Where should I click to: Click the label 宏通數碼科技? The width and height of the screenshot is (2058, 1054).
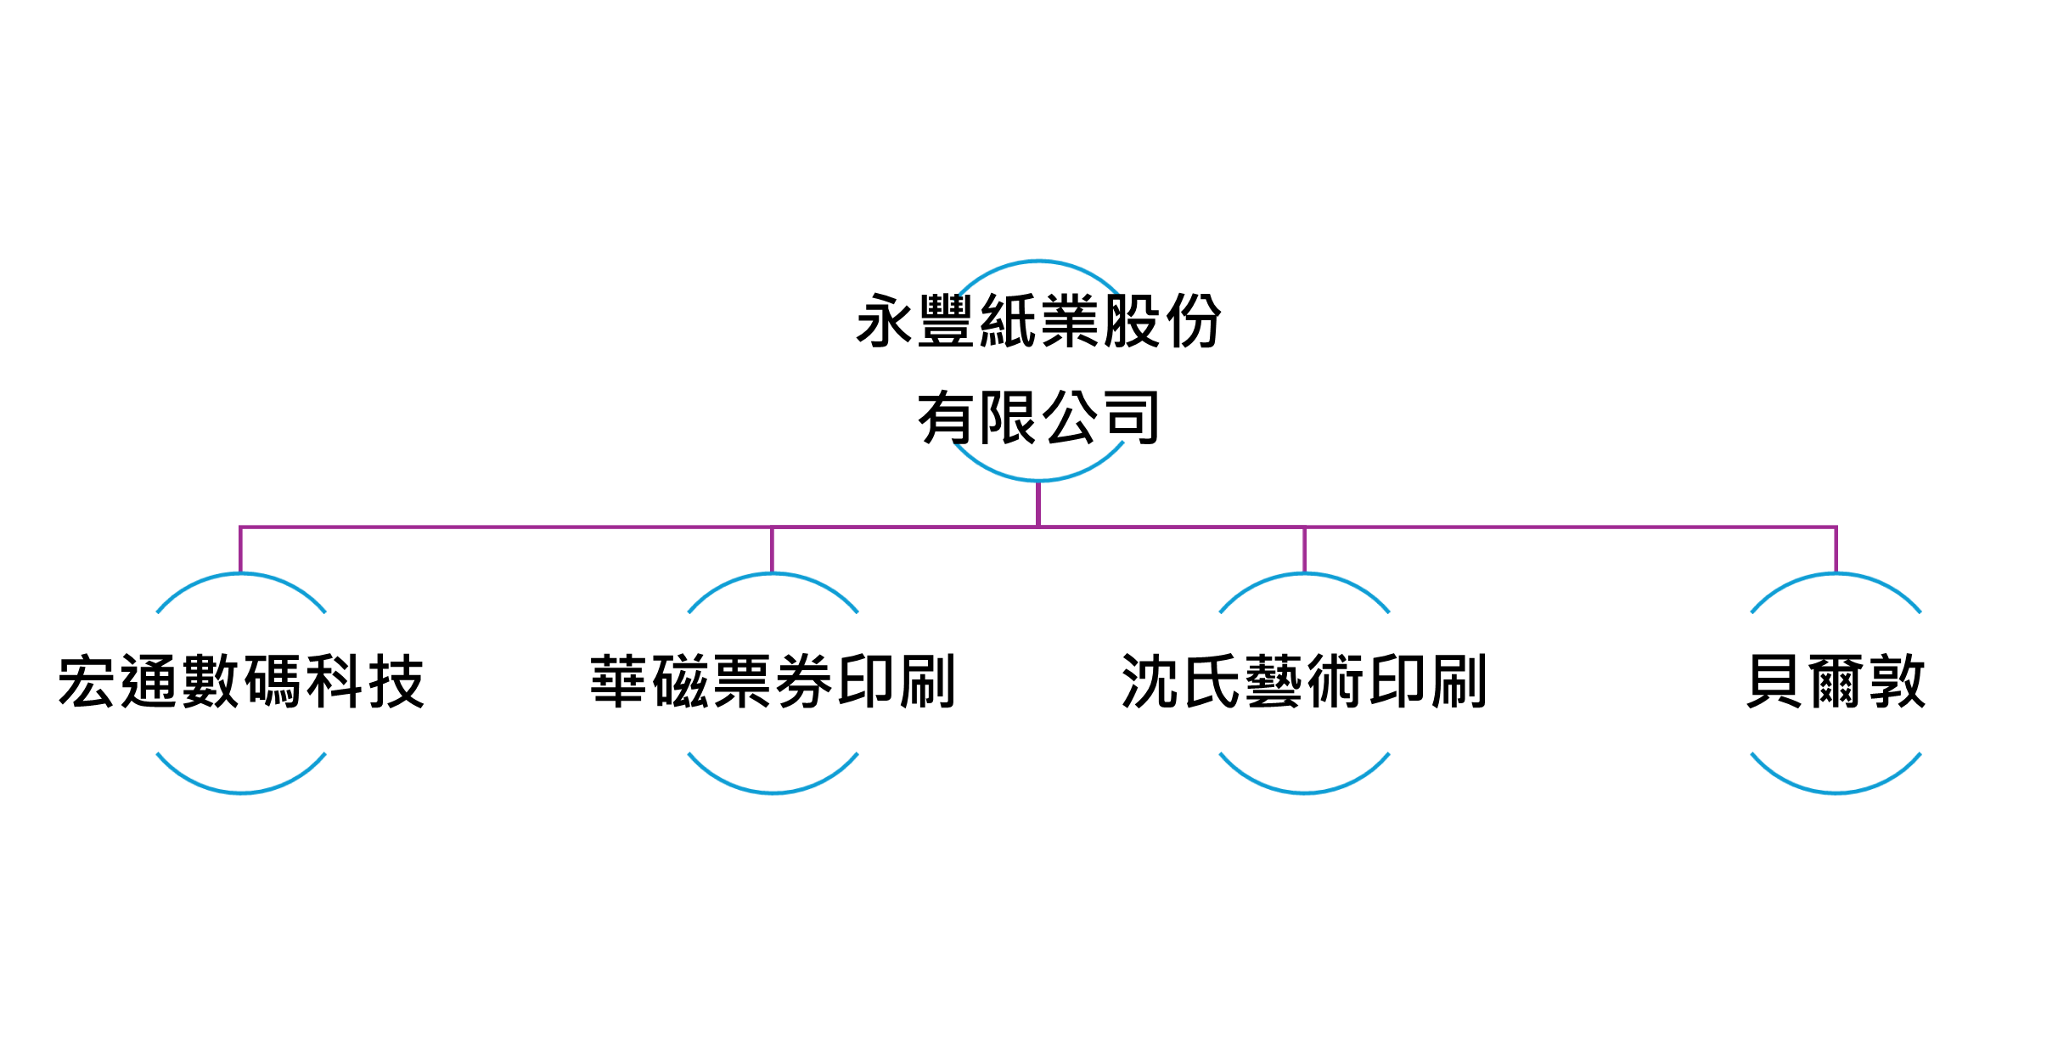pos(241,681)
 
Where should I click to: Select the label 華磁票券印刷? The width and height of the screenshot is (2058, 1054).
pos(773,681)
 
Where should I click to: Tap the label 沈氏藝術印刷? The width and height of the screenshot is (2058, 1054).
pos(1304,681)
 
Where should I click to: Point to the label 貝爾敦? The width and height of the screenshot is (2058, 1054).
pos(1836,681)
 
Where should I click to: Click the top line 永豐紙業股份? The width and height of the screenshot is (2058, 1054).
pos(1038,321)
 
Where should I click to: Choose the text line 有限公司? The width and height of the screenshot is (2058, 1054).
pos(1038,417)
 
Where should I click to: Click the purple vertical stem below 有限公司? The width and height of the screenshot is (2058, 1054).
pos(1038,504)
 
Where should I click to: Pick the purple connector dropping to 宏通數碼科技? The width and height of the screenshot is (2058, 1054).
pos(240,550)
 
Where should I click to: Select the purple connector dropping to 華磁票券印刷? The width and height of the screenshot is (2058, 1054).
pos(772,550)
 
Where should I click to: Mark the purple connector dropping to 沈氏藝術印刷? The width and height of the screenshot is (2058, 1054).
pos(1304,550)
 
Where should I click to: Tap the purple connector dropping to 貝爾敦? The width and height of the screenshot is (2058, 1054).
pos(1836,550)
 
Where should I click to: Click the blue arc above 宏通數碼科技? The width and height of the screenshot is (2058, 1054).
pos(241,574)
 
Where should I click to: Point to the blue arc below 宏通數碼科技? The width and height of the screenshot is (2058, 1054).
pos(241,792)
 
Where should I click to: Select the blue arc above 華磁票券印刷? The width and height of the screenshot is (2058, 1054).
pos(773,574)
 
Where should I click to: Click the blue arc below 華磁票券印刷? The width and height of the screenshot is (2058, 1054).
pos(773,792)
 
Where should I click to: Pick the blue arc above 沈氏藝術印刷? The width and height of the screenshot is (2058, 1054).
pos(1304,574)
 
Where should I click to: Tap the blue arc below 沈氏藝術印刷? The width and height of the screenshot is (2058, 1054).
pos(1304,792)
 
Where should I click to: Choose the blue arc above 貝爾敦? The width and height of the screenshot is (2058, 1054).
pos(1836,574)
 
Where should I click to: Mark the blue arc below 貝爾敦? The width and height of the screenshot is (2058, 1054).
pos(1836,792)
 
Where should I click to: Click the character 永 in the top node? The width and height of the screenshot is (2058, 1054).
pos(885,321)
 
